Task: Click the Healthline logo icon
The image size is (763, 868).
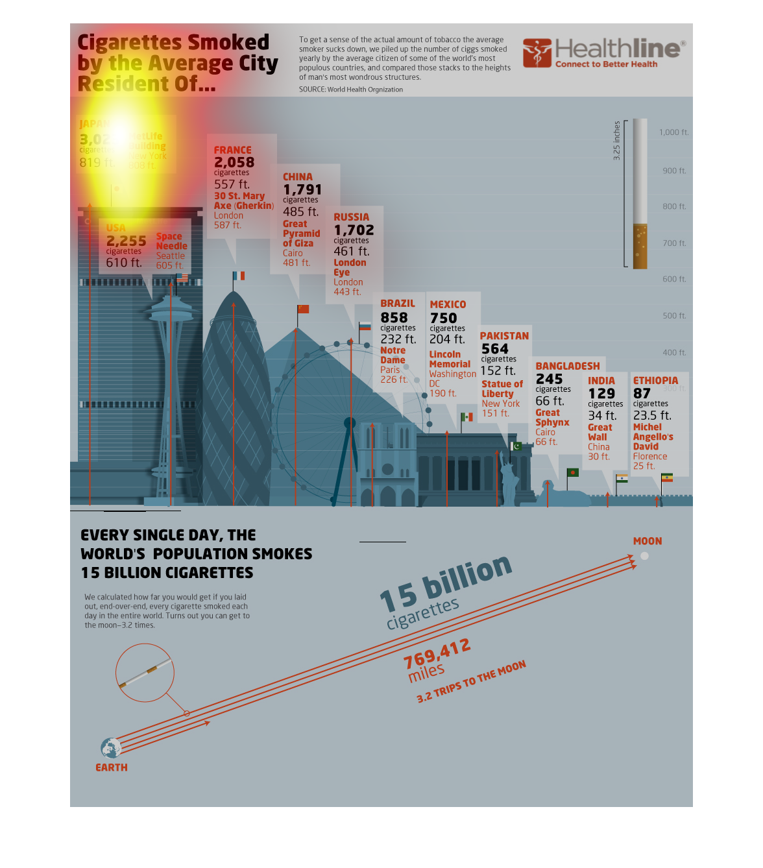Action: (537, 53)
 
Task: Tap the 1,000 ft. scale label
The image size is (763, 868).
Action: (673, 132)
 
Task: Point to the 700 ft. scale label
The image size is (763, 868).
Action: (674, 243)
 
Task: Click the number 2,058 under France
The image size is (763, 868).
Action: (234, 162)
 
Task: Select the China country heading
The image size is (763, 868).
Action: (298, 177)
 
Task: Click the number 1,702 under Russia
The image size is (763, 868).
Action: (354, 230)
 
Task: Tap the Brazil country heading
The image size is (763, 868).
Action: (398, 304)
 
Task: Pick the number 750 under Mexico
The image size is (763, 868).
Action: (444, 319)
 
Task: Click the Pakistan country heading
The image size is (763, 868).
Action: (504, 336)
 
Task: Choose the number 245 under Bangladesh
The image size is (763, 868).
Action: (549, 379)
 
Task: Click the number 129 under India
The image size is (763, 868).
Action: (601, 394)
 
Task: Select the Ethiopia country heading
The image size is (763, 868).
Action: (655, 381)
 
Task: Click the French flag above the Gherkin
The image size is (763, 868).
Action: (239, 276)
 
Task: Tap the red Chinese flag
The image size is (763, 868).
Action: (303, 309)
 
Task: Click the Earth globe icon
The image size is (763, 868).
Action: (111, 748)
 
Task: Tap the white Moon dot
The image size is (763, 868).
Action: (644, 556)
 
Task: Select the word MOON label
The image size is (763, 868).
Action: (648, 541)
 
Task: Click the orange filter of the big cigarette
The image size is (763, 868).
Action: (640, 247)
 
